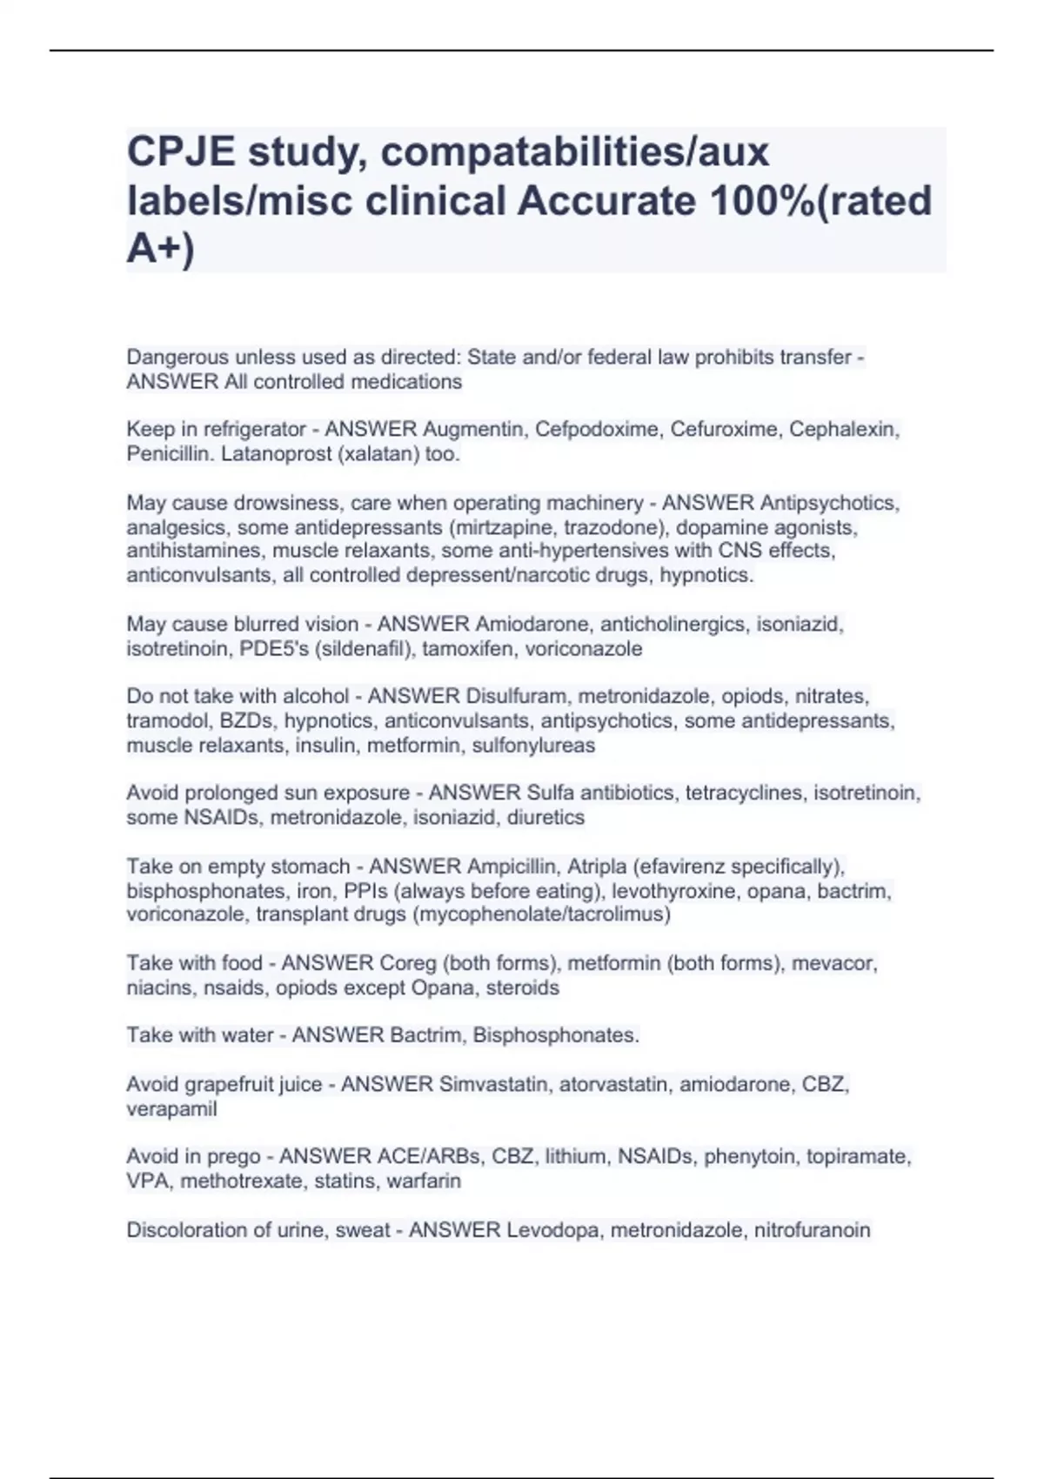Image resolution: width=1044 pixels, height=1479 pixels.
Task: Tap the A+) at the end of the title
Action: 161,249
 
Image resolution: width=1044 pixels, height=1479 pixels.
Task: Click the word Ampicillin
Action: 512,867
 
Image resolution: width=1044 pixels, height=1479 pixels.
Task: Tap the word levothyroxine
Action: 668,891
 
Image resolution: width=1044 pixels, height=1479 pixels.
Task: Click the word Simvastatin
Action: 493,1084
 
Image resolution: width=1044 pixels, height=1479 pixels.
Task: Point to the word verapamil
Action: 171,1108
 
